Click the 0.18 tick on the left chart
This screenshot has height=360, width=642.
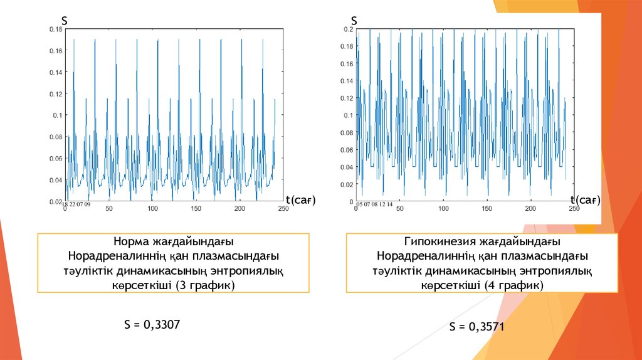point(56,29)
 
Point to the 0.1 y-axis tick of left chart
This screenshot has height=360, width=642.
point(58,115)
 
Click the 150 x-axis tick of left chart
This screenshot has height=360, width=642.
point(196,209)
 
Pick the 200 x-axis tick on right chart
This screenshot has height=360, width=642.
point(530,209)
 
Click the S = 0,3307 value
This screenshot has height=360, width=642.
point(152,324)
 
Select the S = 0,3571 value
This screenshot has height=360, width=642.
point(476,327)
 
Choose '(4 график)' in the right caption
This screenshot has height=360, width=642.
point(513,285)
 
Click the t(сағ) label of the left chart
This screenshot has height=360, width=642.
point(300,200)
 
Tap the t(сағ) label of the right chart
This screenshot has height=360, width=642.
point(586,200)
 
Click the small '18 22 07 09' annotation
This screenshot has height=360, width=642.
point(76,204)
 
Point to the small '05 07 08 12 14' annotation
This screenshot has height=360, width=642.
point(374,204)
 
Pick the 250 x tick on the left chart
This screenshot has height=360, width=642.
point(283,209)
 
